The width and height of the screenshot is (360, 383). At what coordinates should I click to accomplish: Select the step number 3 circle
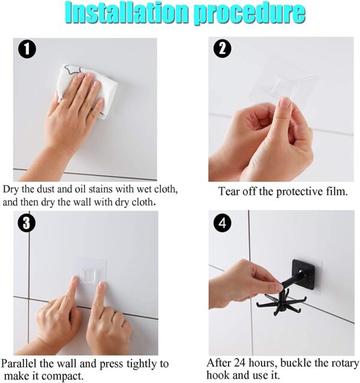point(26,223)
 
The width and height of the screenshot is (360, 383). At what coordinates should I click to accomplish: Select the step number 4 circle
point(223,223)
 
